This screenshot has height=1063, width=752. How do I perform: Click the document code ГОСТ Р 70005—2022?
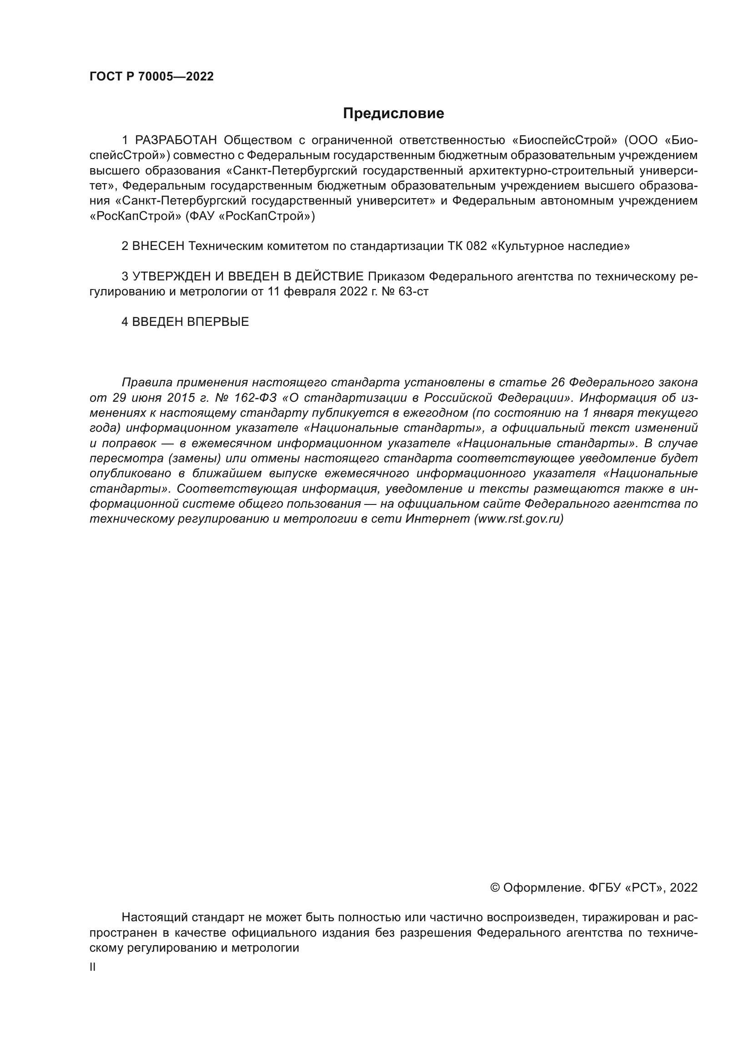pyautogui.click(x=151, y=77)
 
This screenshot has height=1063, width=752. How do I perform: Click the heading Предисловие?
pyautogui.click(x=393, y=114)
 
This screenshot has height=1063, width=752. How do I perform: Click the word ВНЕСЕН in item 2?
pyautogui.click(x=158, y=246)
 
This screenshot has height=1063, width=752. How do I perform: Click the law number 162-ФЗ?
pyautogui.click(x=256, y=398)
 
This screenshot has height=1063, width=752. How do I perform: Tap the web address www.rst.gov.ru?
pyautogui.click(x=519, y=519)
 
